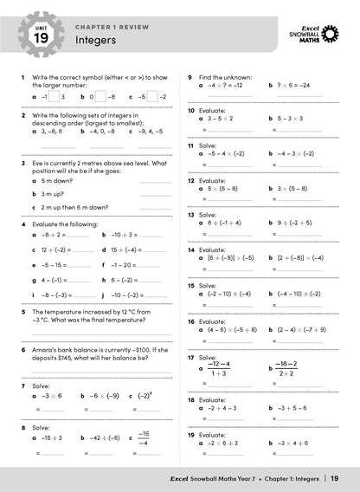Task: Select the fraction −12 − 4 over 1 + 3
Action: point(219,369)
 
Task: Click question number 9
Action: point(190,77)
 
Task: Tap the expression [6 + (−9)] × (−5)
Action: point(230,257)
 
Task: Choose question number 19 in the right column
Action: point(190,433)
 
